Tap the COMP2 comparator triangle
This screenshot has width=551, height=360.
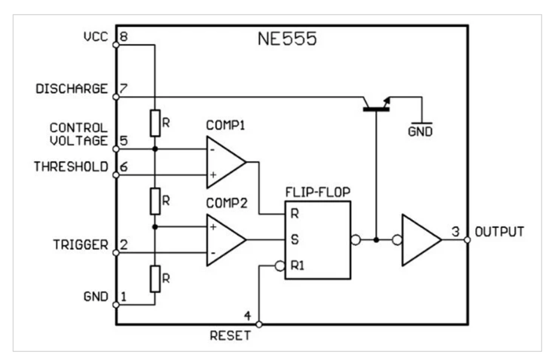(224, 240)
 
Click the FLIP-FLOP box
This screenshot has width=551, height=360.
(318, 240)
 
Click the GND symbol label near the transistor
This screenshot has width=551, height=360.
(420, 133)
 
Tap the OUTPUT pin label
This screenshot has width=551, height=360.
(499, 231)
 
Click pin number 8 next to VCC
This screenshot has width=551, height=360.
(124, 38)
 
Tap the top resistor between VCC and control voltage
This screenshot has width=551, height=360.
(154, 122)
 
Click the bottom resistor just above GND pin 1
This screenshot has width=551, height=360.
(154, 279)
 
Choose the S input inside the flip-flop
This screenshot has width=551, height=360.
(294, 240)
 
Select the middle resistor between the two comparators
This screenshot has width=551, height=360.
(154, 201)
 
